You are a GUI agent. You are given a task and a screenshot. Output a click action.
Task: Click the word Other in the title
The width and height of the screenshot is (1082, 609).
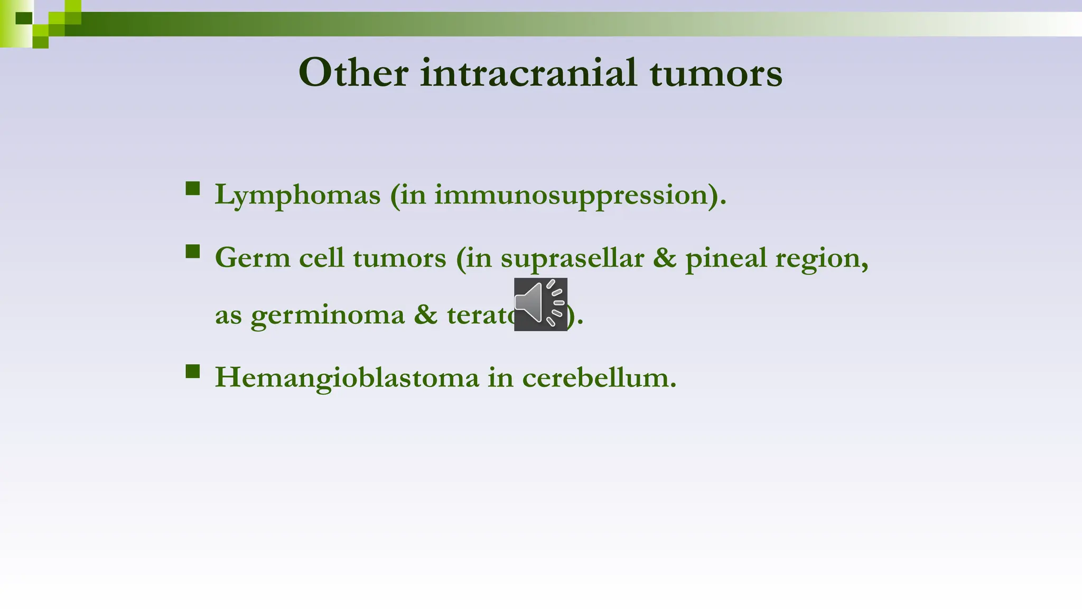tap(353, 73)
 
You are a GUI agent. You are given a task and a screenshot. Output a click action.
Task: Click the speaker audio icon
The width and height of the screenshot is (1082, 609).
tap(540, 304)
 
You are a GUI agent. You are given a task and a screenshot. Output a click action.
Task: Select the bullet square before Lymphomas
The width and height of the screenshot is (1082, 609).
tap(193, 189)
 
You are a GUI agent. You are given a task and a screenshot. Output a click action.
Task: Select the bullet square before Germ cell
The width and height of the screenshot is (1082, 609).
tap(193, 251)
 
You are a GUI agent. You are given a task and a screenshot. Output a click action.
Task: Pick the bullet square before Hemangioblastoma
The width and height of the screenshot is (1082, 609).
tap(193, 372)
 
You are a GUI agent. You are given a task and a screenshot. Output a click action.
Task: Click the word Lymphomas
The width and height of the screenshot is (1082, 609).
tap(297, 195)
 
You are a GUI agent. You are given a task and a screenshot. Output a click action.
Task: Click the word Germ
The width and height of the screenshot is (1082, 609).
tap(253, 258)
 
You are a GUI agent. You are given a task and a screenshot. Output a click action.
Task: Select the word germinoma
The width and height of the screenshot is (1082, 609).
tap(328, 316)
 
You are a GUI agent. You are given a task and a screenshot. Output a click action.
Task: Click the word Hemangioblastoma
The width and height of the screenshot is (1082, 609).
tap(347, 378)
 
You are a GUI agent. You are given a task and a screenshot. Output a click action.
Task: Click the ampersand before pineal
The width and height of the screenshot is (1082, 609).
tap(665, 258)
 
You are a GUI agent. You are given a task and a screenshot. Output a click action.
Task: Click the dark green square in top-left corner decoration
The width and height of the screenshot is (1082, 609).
tap(24, 19)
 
